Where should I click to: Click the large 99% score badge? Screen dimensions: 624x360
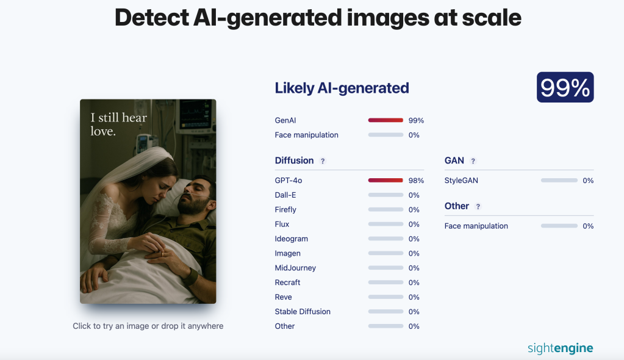[565, 87]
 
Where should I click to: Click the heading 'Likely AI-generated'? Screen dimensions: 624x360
[342, 88]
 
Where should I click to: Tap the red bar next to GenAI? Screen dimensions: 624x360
[386, 120]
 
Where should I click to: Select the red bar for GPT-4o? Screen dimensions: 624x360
[386, 181]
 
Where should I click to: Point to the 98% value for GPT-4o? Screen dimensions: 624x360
[416, 181]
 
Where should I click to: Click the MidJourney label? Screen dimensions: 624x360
[295, 268]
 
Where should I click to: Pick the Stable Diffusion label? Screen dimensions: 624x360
[303, 311]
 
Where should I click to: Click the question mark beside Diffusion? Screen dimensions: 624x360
[323, 161]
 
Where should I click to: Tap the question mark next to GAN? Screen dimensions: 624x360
[473, 161]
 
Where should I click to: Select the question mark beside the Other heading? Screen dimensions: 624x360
[478, 206]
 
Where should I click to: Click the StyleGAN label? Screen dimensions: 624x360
[461, 181]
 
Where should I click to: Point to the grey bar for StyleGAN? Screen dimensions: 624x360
[559, 181]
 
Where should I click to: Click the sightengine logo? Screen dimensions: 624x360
[561, 348]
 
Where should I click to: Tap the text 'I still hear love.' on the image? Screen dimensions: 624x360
[118, 124]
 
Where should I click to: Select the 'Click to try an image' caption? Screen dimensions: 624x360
[148, 326]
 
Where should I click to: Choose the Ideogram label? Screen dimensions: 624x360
[292, 239]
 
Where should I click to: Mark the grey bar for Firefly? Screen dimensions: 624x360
[386, 209]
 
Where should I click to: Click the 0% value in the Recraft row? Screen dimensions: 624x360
[414, 283]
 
